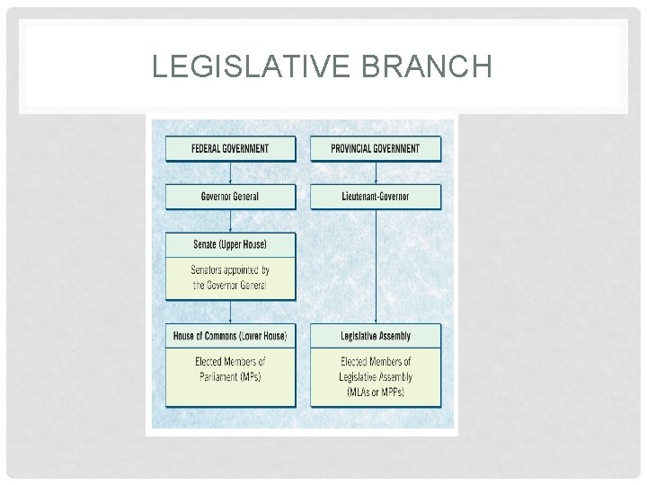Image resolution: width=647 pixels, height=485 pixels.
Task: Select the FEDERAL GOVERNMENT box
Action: (230, 148)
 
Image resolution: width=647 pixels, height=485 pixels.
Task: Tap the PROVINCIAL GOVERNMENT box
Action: (376, 148)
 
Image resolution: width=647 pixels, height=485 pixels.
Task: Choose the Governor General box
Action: (230, 197)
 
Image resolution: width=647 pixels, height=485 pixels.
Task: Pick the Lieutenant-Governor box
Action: (376, 197)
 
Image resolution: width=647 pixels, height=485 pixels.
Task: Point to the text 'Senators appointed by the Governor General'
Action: (230, 278)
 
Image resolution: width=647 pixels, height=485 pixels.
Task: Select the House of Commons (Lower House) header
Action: (230, 336)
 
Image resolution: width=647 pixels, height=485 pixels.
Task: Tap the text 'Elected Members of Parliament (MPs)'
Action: (230, 369)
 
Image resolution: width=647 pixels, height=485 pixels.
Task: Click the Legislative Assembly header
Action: (376, 336)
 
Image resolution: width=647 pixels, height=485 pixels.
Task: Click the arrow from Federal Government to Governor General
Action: (230, 172)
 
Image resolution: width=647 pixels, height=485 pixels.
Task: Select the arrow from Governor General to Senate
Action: (230, 222)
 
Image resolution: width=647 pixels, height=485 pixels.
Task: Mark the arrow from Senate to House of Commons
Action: (230, 312)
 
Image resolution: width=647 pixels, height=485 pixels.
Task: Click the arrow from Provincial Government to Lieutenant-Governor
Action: (376, 172)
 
